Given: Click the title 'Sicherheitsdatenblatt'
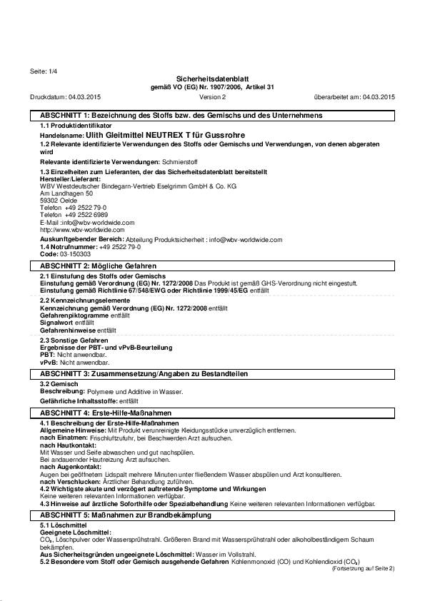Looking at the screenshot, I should (212, 79).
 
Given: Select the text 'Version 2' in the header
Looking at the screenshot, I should (212, 96).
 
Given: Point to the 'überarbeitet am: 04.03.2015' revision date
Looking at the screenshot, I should (354, 96).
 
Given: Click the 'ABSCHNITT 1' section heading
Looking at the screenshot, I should (181, 115).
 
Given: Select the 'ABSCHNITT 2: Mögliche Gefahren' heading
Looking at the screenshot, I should (91, 265).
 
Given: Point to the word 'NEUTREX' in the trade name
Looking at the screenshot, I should (166, 133).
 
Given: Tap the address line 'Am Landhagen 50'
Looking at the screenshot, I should (66, 193).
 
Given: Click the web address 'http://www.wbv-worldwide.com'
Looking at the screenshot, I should (82, 230).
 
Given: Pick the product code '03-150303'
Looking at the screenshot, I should (75, 253).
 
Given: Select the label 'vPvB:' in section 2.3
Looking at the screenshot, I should (49, 363).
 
